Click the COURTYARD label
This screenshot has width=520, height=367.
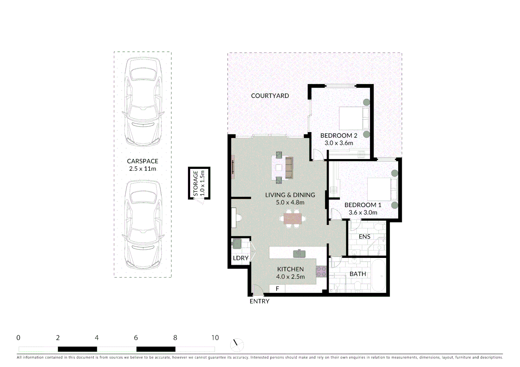(x=270, y=96)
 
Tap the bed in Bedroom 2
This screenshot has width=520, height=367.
(x=354, y=118)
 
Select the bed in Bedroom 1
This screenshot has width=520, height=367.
(x=382, y=189)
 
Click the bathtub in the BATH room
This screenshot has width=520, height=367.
(x=378, y=276)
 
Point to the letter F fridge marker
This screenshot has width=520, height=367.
(x=277, y=289)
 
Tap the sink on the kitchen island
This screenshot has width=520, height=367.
(x=299, y=254)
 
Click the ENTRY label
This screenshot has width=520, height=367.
(x=259, y=301)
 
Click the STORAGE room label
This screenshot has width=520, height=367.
(x=196, y=183)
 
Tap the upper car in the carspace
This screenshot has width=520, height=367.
(x=142, y=102)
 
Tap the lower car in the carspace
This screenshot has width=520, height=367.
(x=142, y=224)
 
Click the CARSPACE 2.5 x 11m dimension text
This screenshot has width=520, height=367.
(x=142, y=169)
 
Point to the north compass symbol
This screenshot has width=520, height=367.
(x=237, y=345)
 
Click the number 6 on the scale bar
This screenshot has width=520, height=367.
(x=136, y=338)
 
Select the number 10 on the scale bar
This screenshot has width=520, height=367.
(x=215, y=338)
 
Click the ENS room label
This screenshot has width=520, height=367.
(x=364, y=237)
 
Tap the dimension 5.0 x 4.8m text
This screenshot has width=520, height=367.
(x=290, y=203)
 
